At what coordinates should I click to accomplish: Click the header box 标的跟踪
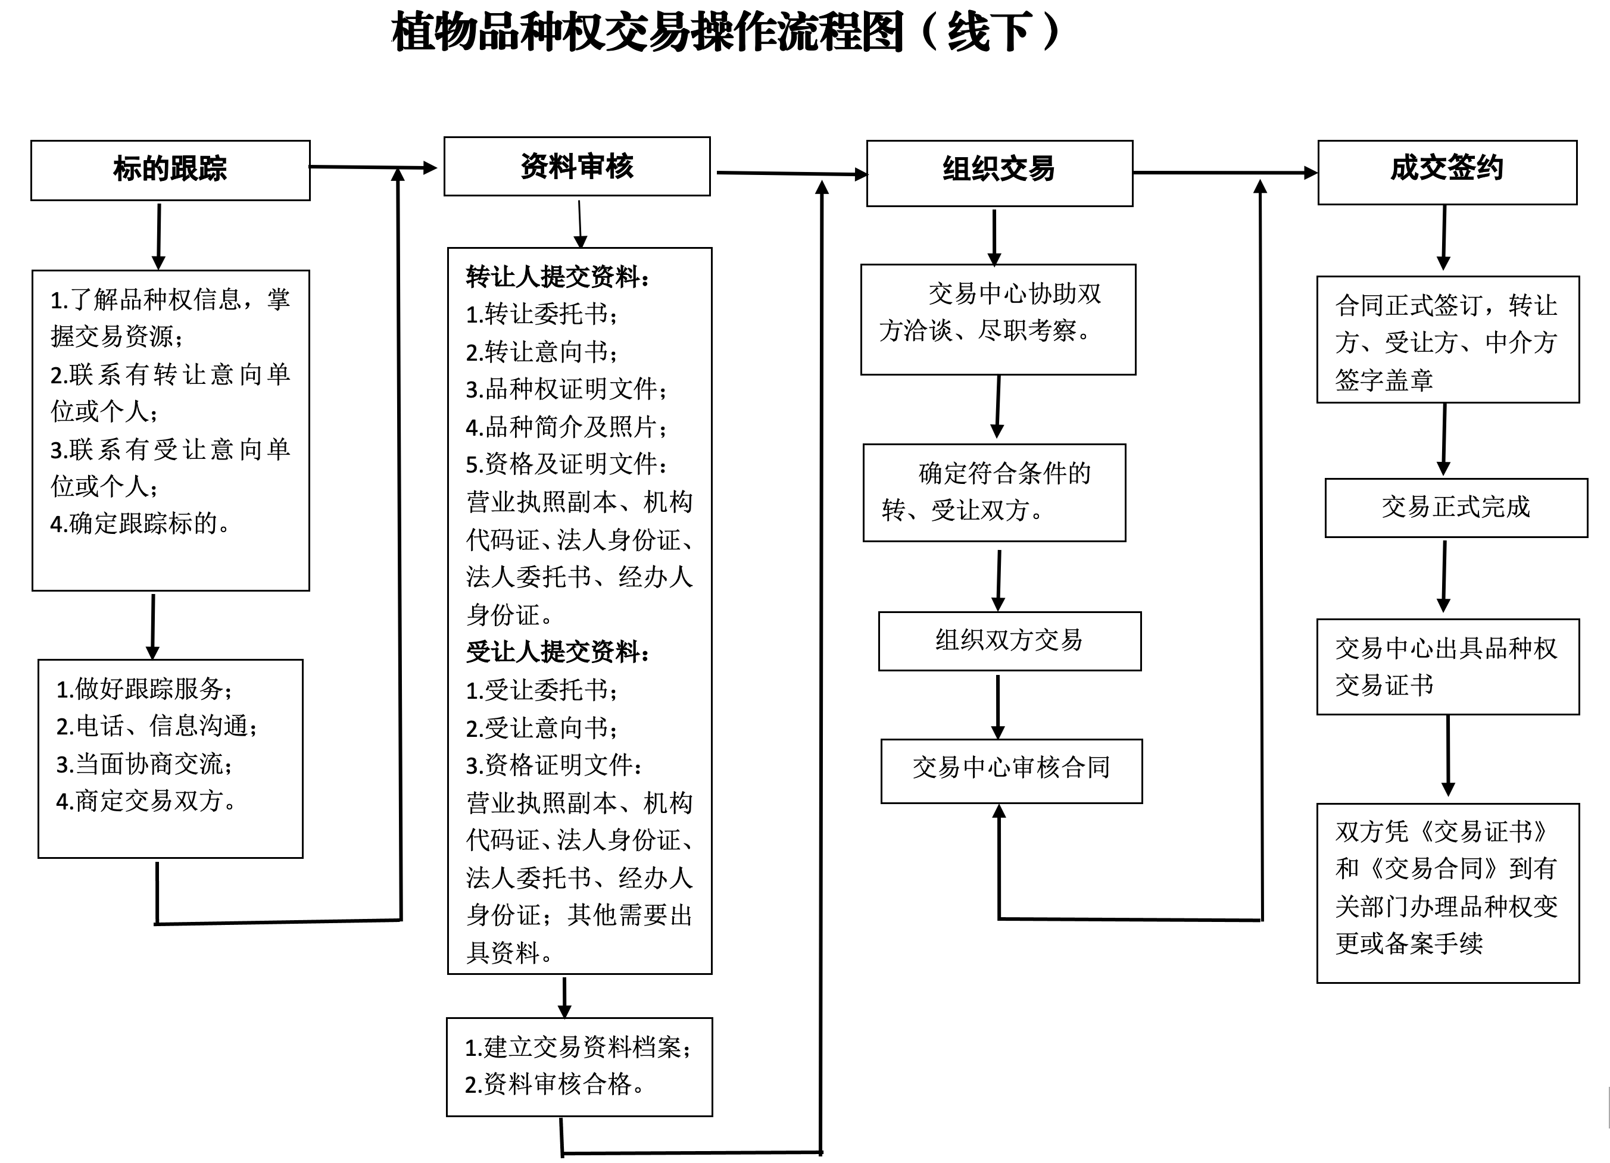pos(170,170)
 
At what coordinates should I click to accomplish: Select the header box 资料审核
pos(576,166)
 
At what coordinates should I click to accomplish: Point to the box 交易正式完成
pos(1455,507)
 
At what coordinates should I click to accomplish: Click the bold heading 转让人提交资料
pos(557,277)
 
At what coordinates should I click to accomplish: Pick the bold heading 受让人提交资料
pos(557,651)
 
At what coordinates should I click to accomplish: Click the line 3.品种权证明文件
pos(566,389)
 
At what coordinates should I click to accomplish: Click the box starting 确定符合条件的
pos(994,492)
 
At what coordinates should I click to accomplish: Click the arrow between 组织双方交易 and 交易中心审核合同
pos(997,705)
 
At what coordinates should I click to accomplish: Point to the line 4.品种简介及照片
pos(566,427)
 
